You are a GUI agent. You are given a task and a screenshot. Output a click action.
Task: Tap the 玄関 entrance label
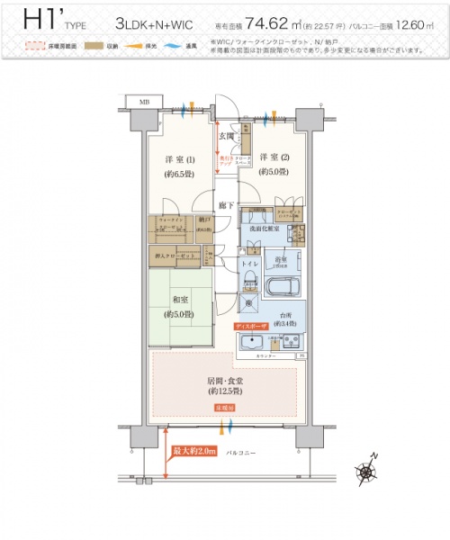227,136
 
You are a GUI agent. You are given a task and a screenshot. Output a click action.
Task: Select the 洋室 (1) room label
173,161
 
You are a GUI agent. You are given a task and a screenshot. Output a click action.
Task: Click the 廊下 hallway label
226,205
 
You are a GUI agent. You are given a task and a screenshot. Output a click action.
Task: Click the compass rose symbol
366,470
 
